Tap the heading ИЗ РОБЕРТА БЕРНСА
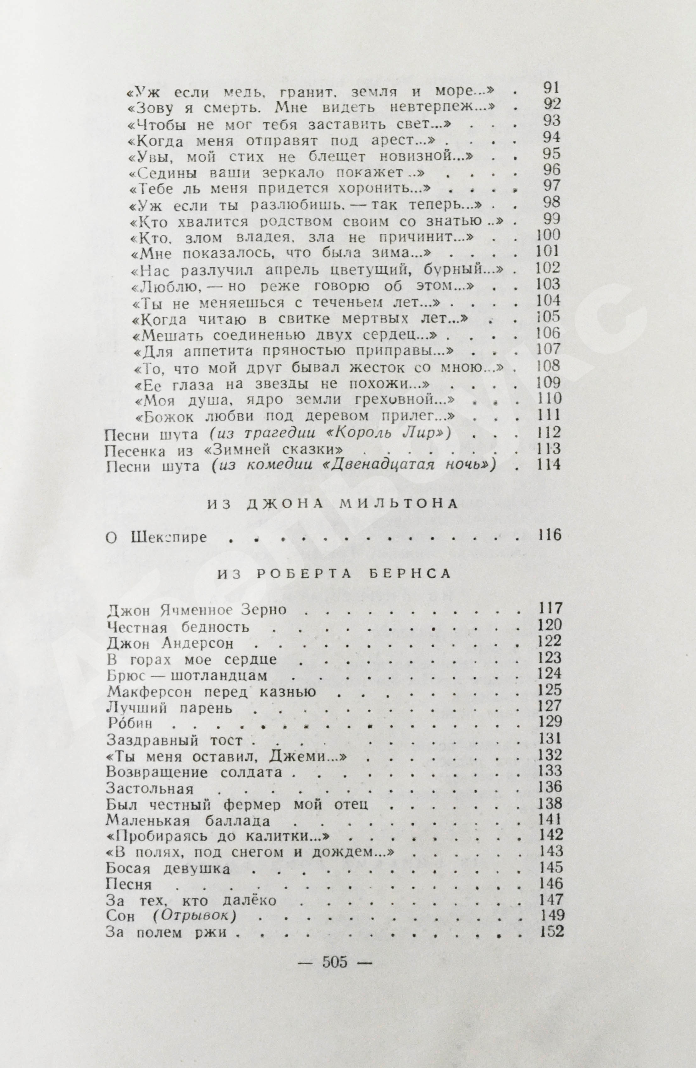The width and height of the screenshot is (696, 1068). coord(334,575)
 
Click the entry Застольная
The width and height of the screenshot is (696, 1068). coord(150,788)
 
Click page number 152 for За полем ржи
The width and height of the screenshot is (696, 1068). coord(550,918)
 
